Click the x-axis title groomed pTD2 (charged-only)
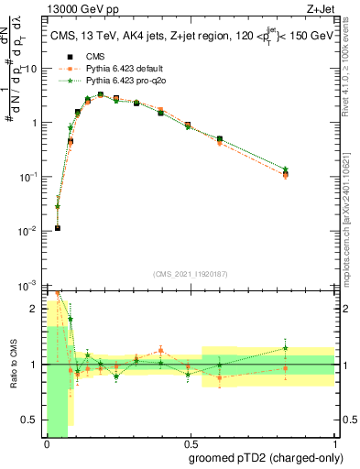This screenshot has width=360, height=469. pyautogui.click(x=267, y=458)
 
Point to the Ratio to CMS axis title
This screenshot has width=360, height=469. pyautogui.click(x=12, y=365)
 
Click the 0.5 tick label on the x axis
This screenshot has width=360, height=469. pyautogui.click(x=190, y=444)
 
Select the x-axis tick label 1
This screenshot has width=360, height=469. pyautogui.click(x=334, y=444)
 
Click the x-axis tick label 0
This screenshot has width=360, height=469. pyautogui.click(x=46, y=444)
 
